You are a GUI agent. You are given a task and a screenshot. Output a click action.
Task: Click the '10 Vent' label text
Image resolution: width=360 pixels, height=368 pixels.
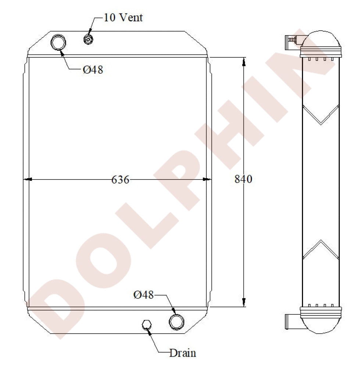(123, 17)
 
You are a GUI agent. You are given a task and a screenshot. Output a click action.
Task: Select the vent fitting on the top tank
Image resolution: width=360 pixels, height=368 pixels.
(88, 39)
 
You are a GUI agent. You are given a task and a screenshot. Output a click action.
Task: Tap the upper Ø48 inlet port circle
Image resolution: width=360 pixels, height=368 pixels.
(58, 42)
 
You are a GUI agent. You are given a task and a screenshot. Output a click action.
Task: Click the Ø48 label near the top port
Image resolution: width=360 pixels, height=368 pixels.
(93, 70)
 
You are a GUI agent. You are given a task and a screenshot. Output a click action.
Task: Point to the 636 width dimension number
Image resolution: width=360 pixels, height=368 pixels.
(120, 180)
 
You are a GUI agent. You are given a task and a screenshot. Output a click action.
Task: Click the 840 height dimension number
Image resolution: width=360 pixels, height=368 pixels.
(243, 179)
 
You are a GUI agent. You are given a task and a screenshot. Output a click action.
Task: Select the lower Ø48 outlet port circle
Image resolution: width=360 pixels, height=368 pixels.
(177, 322)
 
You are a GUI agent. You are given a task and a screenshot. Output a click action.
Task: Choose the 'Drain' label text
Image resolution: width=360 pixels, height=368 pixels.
(182, 353)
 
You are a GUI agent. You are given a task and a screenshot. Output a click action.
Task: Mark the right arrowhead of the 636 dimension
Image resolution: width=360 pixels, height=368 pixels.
(208, 180)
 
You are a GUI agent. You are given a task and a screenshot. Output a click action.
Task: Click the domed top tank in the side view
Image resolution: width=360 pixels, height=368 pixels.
(320, 40)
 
